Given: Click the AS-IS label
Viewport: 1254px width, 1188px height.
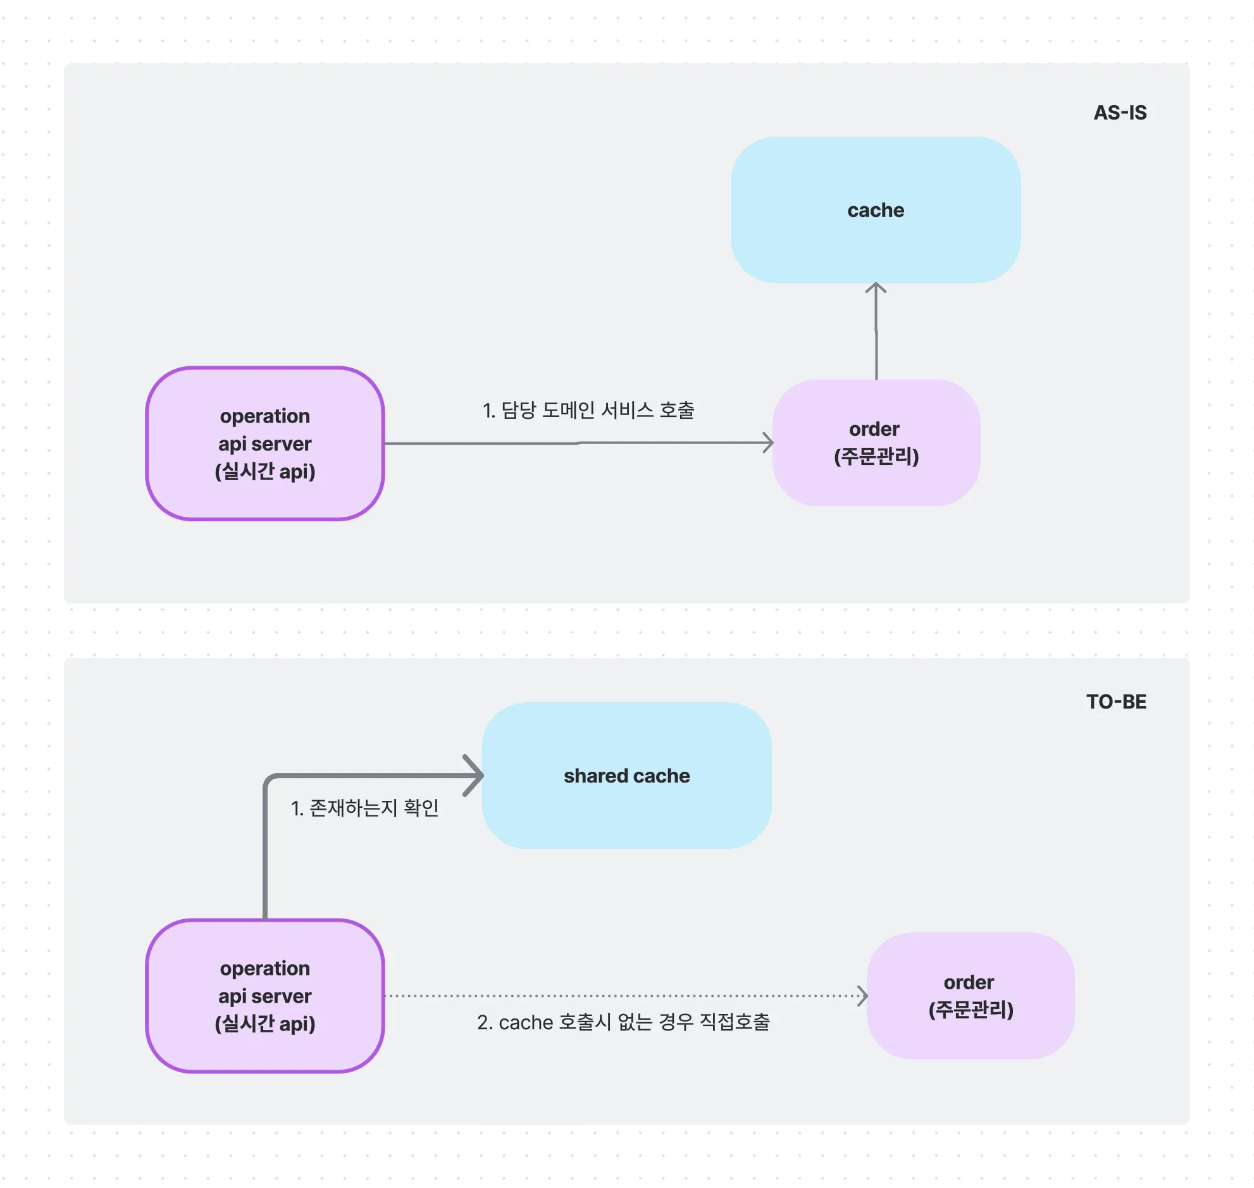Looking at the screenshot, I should pos(1119,113).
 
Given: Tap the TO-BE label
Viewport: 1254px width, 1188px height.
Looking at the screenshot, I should pos(1116,702).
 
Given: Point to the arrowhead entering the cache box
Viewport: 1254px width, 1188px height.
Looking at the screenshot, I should pos(876,287).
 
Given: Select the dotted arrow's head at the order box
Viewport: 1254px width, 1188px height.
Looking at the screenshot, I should pos(863,996).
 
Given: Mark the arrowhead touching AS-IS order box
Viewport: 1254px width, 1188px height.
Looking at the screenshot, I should pos(768,443).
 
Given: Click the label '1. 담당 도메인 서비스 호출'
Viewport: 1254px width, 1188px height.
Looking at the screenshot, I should pos(588,411).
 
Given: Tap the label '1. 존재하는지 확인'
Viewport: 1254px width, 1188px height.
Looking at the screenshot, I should pos(365,808).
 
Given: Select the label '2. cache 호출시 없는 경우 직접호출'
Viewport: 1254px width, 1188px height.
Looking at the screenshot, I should pos(623,1022).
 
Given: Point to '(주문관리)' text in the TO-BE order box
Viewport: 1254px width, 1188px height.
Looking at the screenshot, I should pos(971,1010).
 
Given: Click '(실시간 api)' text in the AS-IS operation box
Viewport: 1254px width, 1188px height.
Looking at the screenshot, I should pos(264,471).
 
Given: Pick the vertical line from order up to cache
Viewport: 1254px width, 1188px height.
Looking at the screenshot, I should pos(876,342).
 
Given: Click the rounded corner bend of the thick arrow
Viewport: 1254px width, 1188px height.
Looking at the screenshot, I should pos(268,779).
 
